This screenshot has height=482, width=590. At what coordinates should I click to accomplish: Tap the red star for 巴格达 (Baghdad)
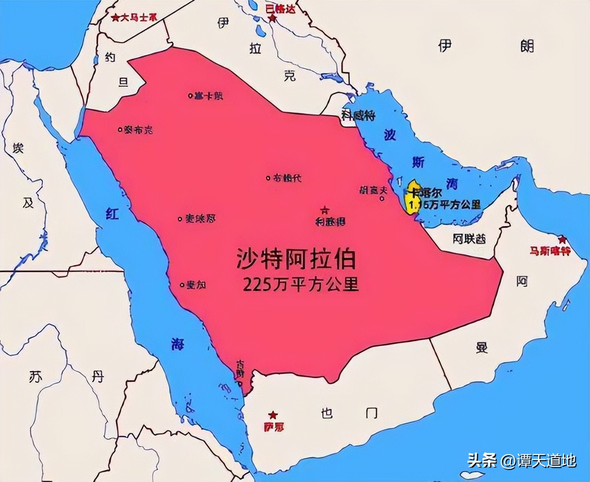tap(273, 18)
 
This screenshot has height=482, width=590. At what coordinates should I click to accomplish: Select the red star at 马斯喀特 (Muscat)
tap(562, 240)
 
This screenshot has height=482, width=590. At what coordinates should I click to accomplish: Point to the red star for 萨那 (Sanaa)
tap(274, 415)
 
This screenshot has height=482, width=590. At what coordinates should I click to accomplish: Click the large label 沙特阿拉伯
tap(296, 259)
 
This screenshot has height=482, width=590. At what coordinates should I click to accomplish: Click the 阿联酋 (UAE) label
tap(469, 239)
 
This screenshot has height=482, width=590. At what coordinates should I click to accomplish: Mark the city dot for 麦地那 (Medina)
tap(180, 219)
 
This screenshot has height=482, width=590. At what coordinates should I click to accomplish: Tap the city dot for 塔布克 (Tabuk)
tap(120, 130)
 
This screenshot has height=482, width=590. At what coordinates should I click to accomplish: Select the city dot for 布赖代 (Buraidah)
tap(269, 178)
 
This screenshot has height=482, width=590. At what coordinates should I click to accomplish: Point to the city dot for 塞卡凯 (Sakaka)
tap(190, 96)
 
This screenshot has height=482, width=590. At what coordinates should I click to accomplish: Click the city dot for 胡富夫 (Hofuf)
tap(383, 199)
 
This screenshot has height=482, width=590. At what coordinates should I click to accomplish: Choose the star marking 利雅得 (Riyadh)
tap(326, 211)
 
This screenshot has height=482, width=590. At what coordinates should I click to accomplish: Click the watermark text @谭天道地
tap(539, 460)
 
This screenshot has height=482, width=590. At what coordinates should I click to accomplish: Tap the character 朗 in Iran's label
tap(527, 46)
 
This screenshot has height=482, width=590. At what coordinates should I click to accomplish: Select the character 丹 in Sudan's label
tap(97, 376)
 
